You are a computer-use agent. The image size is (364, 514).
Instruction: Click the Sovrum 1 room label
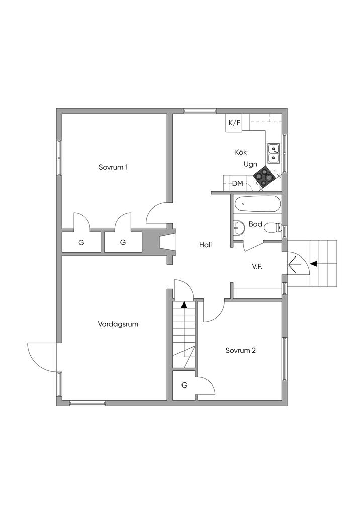click(x=113, y=167)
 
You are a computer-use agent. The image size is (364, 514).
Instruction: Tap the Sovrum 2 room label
click(x=241, y=350)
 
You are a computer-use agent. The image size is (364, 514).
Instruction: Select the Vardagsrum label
click(x=118, y=324)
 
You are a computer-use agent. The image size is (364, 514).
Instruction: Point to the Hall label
click(x=205, y=245)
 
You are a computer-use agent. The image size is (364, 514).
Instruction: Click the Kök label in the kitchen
click(x=241, y=152)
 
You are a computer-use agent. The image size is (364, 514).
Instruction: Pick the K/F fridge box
click(x=234, y=123)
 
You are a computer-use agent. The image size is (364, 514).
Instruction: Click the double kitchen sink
click(x=274, y=153)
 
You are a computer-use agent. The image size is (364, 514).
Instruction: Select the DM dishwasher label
click(x=238, y=184)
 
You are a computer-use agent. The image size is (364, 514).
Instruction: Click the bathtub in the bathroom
click(x=257, y=204)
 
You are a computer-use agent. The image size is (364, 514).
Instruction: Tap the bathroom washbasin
click(x=239, y=228)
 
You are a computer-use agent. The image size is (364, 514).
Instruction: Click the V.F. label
click(x=258, y=267)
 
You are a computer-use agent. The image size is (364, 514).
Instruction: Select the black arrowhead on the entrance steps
click(x=314, y=263)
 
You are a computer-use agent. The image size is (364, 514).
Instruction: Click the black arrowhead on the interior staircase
click(x=184, y=304)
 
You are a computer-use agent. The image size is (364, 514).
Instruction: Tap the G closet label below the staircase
click(x=185, y=385)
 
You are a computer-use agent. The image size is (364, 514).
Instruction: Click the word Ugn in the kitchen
click(x=251, y=164)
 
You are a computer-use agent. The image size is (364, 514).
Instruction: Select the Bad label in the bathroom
click(x=255, y=224)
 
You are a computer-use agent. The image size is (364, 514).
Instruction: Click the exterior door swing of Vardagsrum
click(x=42, y=357)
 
